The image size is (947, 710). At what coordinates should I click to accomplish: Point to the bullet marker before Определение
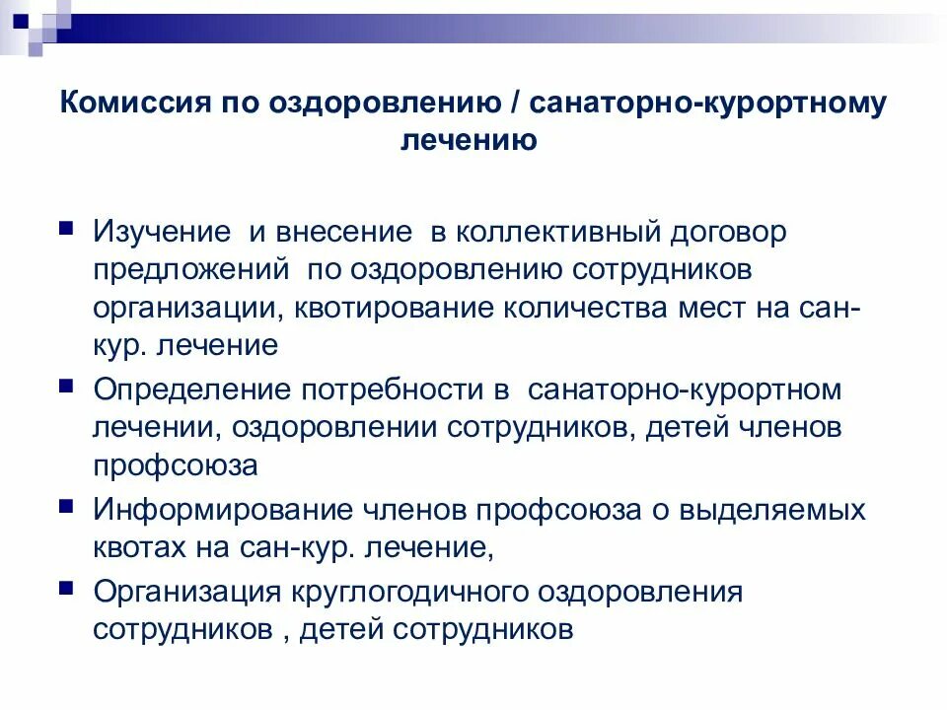(65, 383)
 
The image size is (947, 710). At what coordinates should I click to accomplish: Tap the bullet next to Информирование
(65, 504)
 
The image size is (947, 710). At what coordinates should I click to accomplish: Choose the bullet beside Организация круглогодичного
(65, 586)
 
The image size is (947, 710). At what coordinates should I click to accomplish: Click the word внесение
(343, 233)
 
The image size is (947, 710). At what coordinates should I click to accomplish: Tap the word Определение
(184, 389)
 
